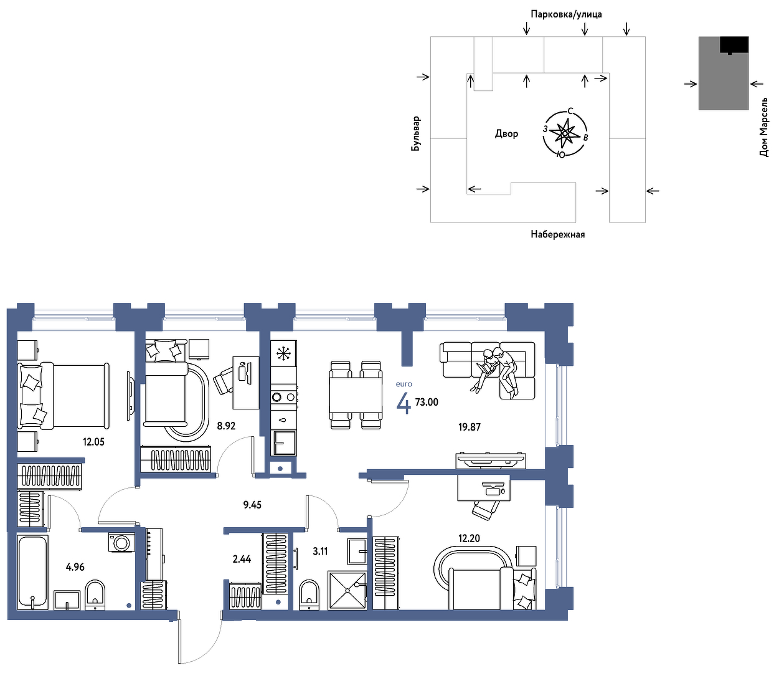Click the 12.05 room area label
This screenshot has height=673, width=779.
[93, 441]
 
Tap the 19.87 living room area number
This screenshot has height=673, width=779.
[470, 427]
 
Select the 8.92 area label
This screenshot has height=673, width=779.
[226, 426]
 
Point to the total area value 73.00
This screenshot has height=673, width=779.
[427, 402]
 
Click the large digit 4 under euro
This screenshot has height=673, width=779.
[404, 403]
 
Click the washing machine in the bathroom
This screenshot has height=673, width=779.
[121, 543]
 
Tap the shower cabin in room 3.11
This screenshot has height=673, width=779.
[347, 590]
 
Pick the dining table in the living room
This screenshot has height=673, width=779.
[356, 394]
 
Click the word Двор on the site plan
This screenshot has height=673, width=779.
[506, 133]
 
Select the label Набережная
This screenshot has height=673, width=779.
[558, 234]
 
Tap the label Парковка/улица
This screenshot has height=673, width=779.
[566, 14]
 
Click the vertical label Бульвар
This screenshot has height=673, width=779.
[416, 133]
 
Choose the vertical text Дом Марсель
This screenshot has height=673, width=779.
[763, 127]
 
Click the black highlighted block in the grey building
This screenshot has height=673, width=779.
[734, 45]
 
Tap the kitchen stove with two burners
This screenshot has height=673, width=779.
[284, 397]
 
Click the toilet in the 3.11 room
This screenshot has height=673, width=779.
[309, 594]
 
